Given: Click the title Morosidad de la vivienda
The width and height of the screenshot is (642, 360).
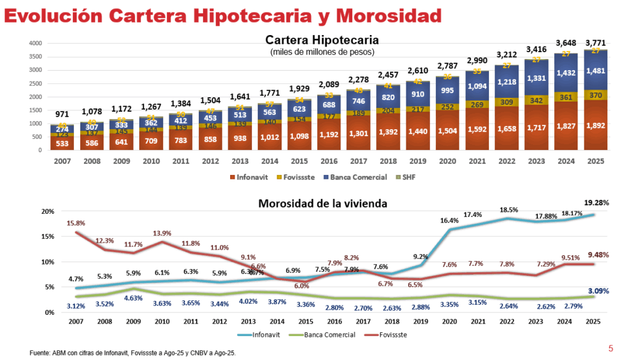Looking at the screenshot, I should (324, 203).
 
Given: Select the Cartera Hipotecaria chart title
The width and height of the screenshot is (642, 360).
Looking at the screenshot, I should (322, 40).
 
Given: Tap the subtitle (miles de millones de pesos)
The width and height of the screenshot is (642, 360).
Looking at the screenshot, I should (322, 52).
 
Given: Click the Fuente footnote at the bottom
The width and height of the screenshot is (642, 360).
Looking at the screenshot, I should (132, 354).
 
